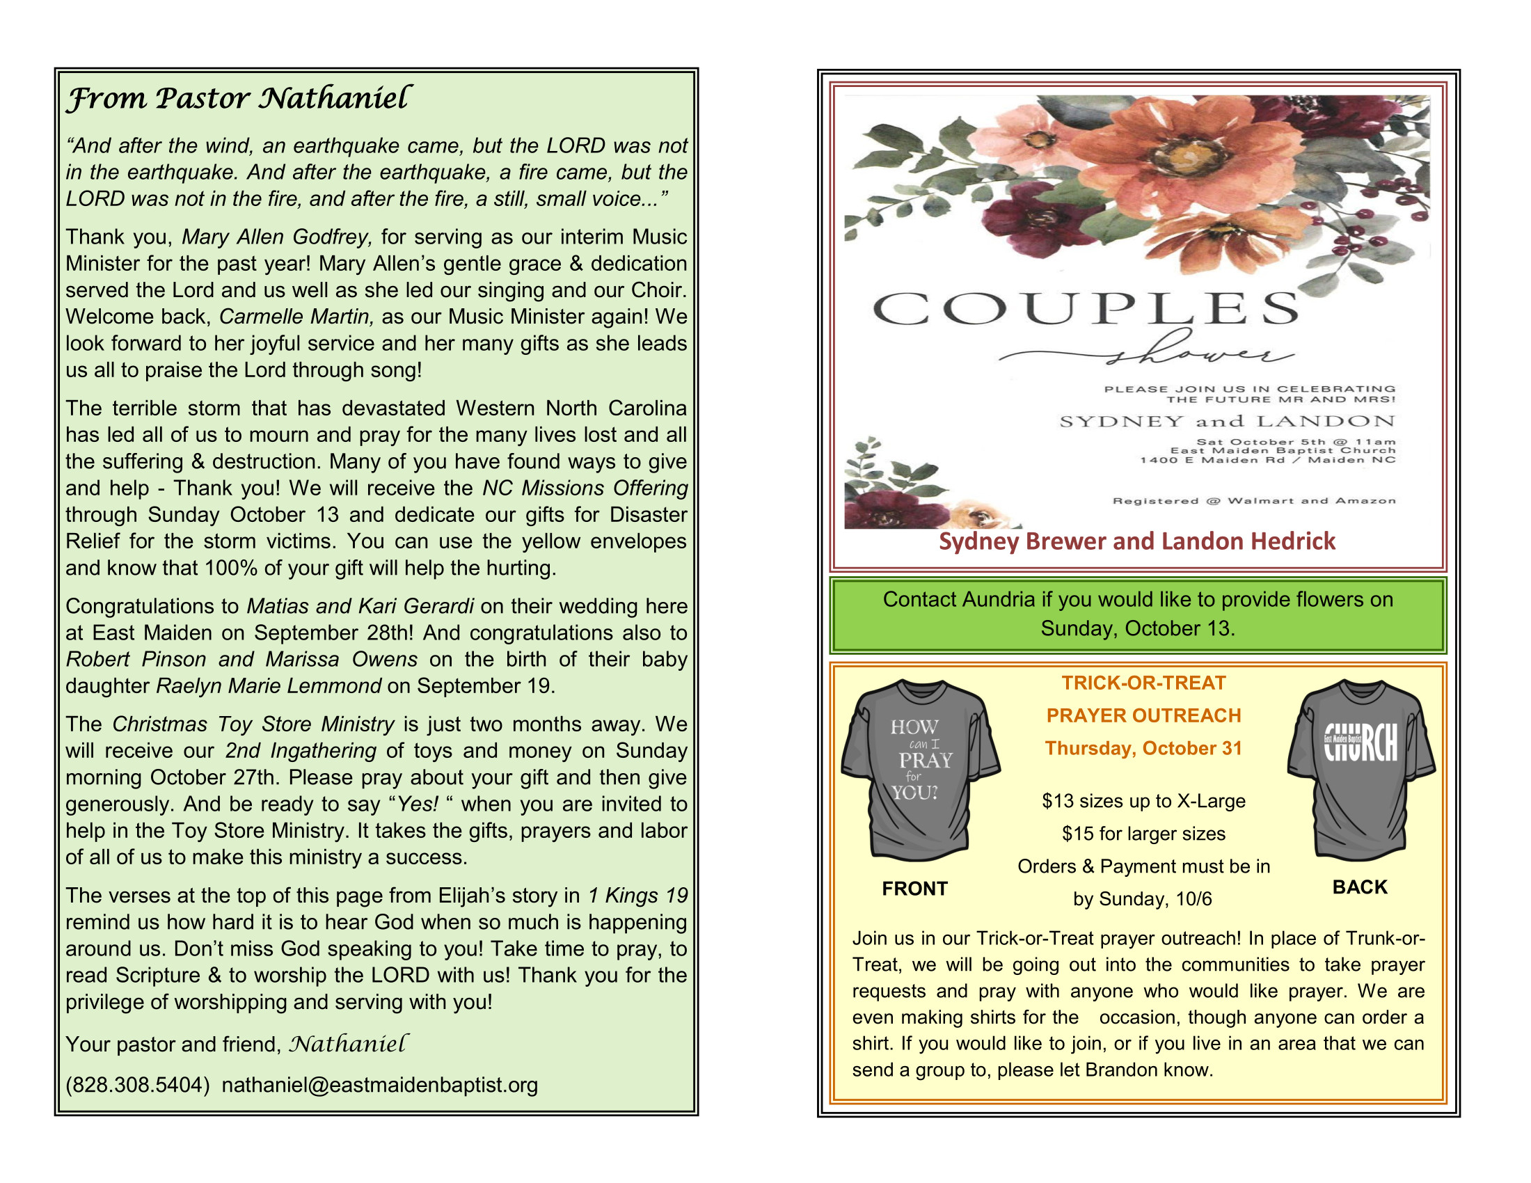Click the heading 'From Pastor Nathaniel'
point(238,98)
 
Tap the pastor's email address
point(379,1085)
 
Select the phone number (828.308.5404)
point(138,1085)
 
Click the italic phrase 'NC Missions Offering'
point(585,488)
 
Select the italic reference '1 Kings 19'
point(637,896)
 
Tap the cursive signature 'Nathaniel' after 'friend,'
point(348,1045)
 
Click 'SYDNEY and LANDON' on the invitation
point(1227,421)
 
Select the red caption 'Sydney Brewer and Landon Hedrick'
point(1137,541)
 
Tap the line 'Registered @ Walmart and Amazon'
point(1254,500)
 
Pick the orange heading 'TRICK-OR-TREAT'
point(1143,683)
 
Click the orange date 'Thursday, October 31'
point(1143,749)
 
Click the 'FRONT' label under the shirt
point(914,889)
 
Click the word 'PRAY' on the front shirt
point(926,761)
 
